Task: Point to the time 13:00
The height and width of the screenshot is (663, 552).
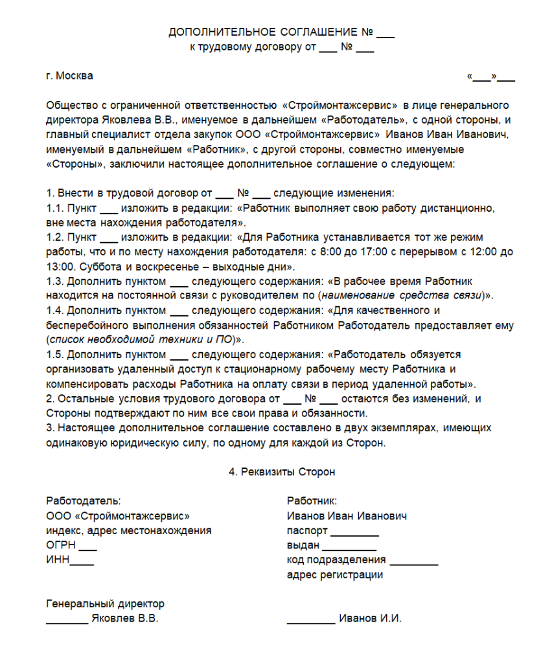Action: (x=60, y=267)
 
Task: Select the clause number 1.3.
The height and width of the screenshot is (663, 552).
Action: (x=55, y=282)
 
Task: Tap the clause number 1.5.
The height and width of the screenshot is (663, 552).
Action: (x=55, y=355)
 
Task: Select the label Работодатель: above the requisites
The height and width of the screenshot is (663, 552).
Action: (x=84, y=500)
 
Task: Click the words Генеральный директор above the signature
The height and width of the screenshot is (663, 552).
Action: (x=106, y=604)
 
